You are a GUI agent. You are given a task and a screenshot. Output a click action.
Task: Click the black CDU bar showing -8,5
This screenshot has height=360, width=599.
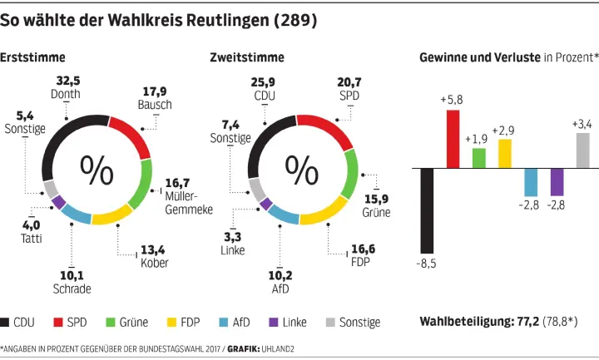point(427,210)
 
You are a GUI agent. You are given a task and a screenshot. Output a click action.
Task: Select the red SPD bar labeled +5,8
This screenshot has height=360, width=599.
point(453,139)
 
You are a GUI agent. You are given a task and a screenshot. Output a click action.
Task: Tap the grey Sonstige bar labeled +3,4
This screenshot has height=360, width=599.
point(582,150)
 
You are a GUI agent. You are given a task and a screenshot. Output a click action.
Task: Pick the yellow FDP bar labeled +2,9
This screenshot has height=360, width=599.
point(505,154)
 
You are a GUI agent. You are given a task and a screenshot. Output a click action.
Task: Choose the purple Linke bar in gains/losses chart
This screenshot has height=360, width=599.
point(557,181)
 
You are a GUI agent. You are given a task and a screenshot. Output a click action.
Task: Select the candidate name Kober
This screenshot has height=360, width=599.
point(155,263)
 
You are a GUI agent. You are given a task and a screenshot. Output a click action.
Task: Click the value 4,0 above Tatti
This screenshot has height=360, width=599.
point(31,224)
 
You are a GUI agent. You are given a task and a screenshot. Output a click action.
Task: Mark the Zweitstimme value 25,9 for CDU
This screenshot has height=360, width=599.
point(265,81)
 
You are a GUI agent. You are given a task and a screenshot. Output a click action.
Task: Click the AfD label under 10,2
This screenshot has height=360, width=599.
point(280,288)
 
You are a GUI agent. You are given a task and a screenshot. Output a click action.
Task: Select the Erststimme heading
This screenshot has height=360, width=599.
point(33,57)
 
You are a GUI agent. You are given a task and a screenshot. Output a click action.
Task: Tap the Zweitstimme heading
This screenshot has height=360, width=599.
point(247,57)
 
